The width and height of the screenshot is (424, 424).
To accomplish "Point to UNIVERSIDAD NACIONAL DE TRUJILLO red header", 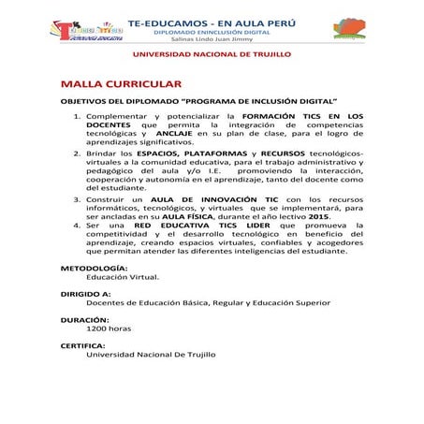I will pos(212,55).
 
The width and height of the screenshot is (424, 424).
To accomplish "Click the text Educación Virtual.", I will pos(123,278).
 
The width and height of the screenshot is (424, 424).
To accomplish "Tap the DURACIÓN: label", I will pos(85,320).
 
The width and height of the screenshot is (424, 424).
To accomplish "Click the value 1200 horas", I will pos(109,329).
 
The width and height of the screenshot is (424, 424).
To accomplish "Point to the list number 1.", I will pos(77,114).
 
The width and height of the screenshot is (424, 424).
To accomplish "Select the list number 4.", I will pos(77,226).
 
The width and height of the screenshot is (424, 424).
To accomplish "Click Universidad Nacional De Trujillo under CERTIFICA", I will pos(151,355).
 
